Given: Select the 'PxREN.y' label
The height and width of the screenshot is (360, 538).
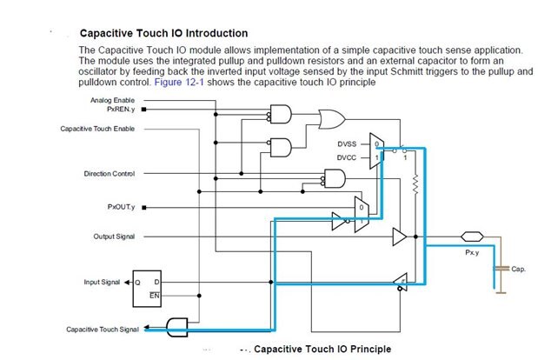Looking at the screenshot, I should pos(121,110).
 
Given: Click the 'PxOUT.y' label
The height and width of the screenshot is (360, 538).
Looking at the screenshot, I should pos(120,207).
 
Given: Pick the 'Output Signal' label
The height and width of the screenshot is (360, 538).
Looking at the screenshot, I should pos(114,237).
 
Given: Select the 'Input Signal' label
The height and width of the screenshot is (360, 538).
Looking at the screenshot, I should pos(102,282).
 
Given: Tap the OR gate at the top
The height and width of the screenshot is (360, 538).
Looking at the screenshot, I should pos(332,117).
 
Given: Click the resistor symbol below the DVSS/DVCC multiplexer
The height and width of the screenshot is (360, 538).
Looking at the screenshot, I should pos(416,184).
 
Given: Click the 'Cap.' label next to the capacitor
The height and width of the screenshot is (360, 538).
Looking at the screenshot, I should pos(520,270).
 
